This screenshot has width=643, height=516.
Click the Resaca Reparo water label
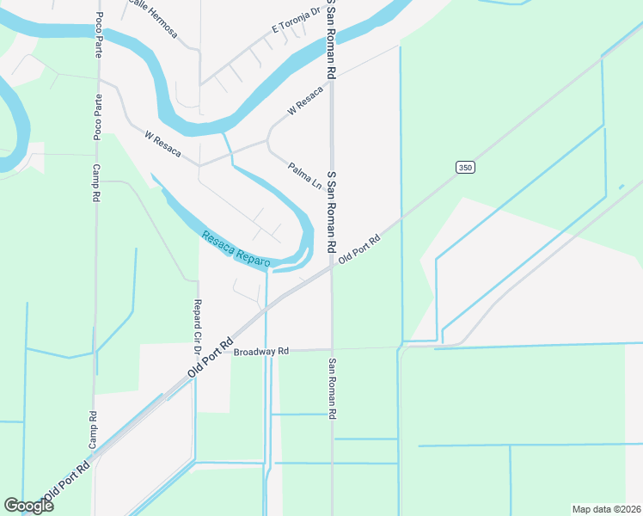point(236,249)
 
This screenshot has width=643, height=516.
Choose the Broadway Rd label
point(261,352)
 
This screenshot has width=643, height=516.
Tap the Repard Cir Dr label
point(197,328)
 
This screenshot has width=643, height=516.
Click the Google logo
point(28,506)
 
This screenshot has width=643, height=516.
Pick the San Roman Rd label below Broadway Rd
point(331,389)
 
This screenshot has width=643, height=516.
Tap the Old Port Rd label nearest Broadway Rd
point(211,358)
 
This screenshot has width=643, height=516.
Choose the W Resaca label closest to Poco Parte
point(163,144)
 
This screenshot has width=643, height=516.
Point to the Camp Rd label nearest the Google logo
point(93,428)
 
